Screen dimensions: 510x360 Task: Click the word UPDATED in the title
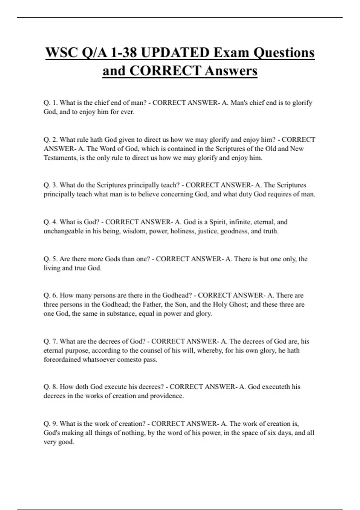tap(175, 53)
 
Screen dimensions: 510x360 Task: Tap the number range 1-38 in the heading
tap(123, 53)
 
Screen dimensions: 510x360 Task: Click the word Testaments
tap(60, 158)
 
